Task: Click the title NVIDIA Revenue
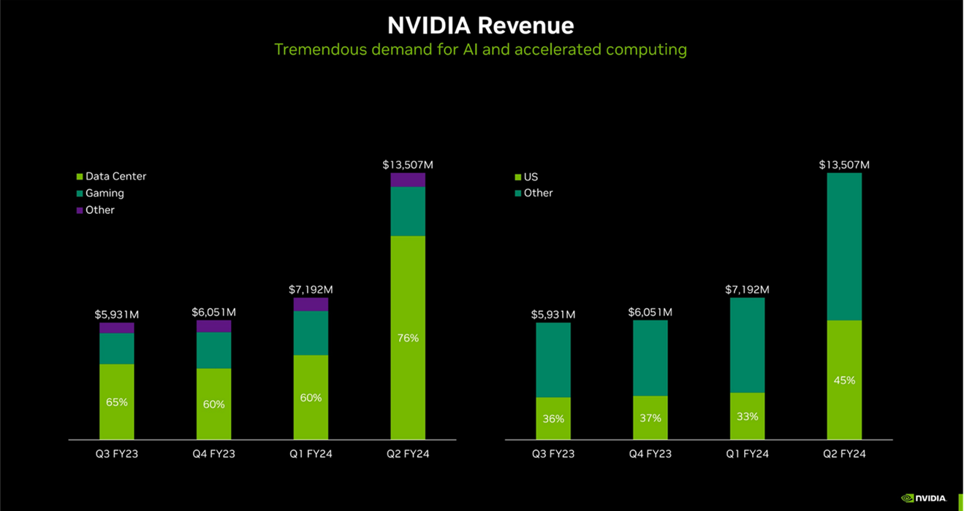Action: pos(480,25)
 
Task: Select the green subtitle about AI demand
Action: pos(480,50)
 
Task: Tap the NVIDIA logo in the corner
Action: pos(924,498)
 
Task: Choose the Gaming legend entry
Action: pos(104,193)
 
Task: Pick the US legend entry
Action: pos(530,177)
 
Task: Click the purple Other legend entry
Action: pos(99,210)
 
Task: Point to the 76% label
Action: pos(408,338)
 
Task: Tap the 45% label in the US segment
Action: pos(844,380)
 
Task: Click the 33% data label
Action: pos(747,416)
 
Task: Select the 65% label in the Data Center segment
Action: pos(117,402)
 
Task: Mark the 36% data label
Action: pos(553,419)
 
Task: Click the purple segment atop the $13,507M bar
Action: pos(408,180)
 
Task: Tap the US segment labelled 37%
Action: pos(650,427)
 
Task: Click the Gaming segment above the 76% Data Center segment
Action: pos(408,211)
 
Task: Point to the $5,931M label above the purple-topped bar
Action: pos(117,315)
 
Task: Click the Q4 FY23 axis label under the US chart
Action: pos(650,453)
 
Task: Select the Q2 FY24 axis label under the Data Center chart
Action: pos(408,453)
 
